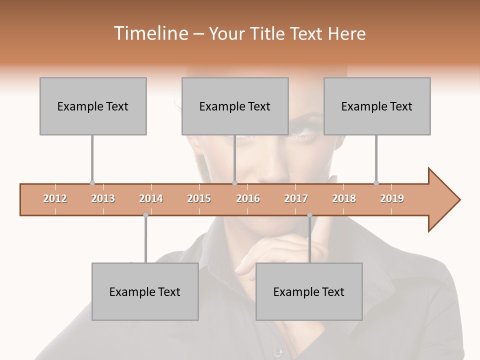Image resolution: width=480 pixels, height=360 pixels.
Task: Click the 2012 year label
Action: [55, 198]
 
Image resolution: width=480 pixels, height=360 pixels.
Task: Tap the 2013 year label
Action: [103, 198]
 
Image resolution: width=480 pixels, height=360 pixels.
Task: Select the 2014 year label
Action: [151, 198]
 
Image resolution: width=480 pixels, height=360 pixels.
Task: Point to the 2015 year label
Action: [199, 198]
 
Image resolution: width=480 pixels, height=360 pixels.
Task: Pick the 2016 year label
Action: [248, 198]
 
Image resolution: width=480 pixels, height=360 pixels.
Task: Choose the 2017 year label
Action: [296, 198]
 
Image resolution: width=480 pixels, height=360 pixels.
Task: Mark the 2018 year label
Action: [344, 198]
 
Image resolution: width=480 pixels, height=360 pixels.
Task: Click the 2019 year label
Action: [392, 198]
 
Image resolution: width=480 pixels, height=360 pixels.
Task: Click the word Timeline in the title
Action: [150, 33]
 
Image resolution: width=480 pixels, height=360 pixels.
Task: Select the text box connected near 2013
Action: [93, 106]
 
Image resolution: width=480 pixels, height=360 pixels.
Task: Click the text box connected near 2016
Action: [235, 106]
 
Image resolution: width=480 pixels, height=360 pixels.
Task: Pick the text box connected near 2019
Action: [377, 106]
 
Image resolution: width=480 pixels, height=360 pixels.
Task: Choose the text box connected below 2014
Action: [145, 291]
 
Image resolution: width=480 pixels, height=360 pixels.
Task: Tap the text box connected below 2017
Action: [309, 291]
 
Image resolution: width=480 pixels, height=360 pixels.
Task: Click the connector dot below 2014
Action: [145, 215]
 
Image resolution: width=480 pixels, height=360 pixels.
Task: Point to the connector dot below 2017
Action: [309, 215]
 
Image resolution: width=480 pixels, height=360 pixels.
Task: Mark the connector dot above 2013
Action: [92, 183]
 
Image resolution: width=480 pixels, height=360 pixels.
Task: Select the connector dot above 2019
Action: [376, 183]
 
